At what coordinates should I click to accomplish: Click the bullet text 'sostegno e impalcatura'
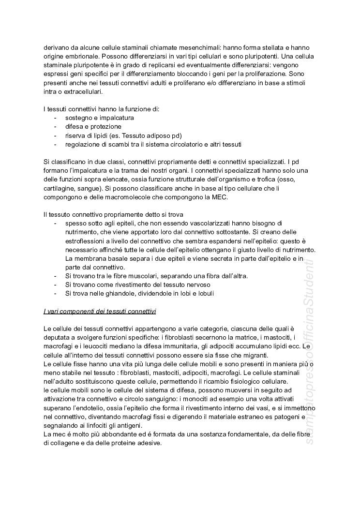tap(100, 118)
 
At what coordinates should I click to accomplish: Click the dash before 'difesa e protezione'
tap(56, 126)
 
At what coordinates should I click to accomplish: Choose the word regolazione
tap(84, 144)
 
